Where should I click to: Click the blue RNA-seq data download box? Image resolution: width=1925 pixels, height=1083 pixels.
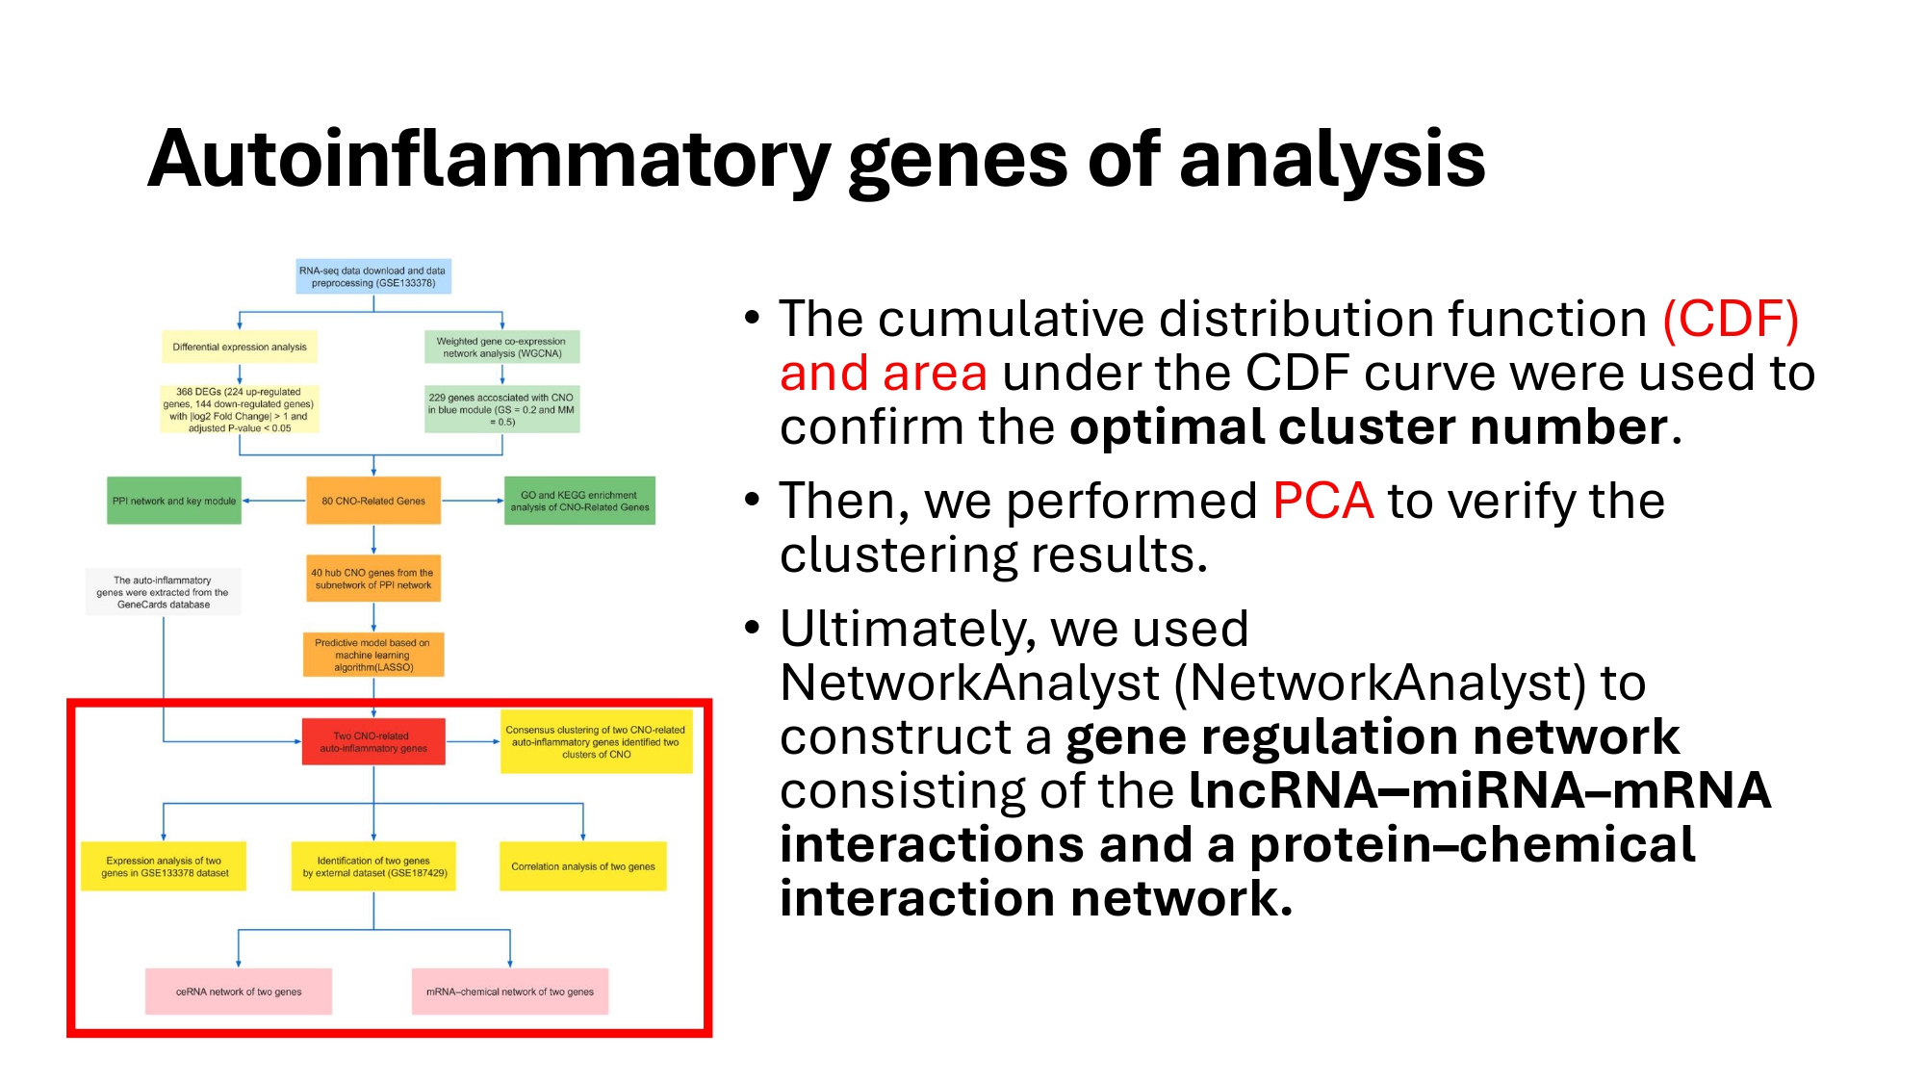(373, 276)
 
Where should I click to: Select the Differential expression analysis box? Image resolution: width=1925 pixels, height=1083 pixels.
(240, 347)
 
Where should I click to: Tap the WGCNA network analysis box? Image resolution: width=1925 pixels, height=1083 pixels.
(501, 347)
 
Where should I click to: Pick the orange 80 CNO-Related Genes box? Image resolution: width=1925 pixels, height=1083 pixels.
(373, 501)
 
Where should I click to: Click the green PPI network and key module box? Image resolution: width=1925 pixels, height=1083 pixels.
(174, 501)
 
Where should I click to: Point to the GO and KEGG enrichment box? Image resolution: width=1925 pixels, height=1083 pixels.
(579, 501)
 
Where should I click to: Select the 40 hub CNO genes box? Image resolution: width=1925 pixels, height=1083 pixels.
(373, 579)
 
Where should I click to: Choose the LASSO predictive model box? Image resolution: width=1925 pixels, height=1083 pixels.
(373, 655)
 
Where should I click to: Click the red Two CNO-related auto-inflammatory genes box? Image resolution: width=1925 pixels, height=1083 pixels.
(373, 741)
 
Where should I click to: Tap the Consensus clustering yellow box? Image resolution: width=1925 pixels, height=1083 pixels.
(596, 741)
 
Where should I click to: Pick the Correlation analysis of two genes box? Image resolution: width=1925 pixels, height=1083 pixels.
(582, 866)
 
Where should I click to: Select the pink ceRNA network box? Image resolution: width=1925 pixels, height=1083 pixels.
(239, 992)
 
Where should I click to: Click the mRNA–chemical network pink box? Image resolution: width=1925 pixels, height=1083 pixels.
(510, 992)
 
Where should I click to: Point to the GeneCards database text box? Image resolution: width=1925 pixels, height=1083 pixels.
(164, 592)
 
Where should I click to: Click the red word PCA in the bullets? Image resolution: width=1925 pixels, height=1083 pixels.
(1322, 502)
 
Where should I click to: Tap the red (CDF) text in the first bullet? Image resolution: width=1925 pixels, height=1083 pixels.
(1731, 319)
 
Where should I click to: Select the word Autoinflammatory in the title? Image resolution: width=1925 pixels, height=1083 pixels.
(488, 160)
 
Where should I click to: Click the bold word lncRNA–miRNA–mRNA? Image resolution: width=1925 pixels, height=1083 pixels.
(1479, 790)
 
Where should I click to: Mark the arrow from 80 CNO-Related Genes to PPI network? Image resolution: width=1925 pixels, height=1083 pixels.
(274, 501)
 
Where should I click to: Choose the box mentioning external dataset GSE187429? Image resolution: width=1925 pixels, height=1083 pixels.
(373, 866)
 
